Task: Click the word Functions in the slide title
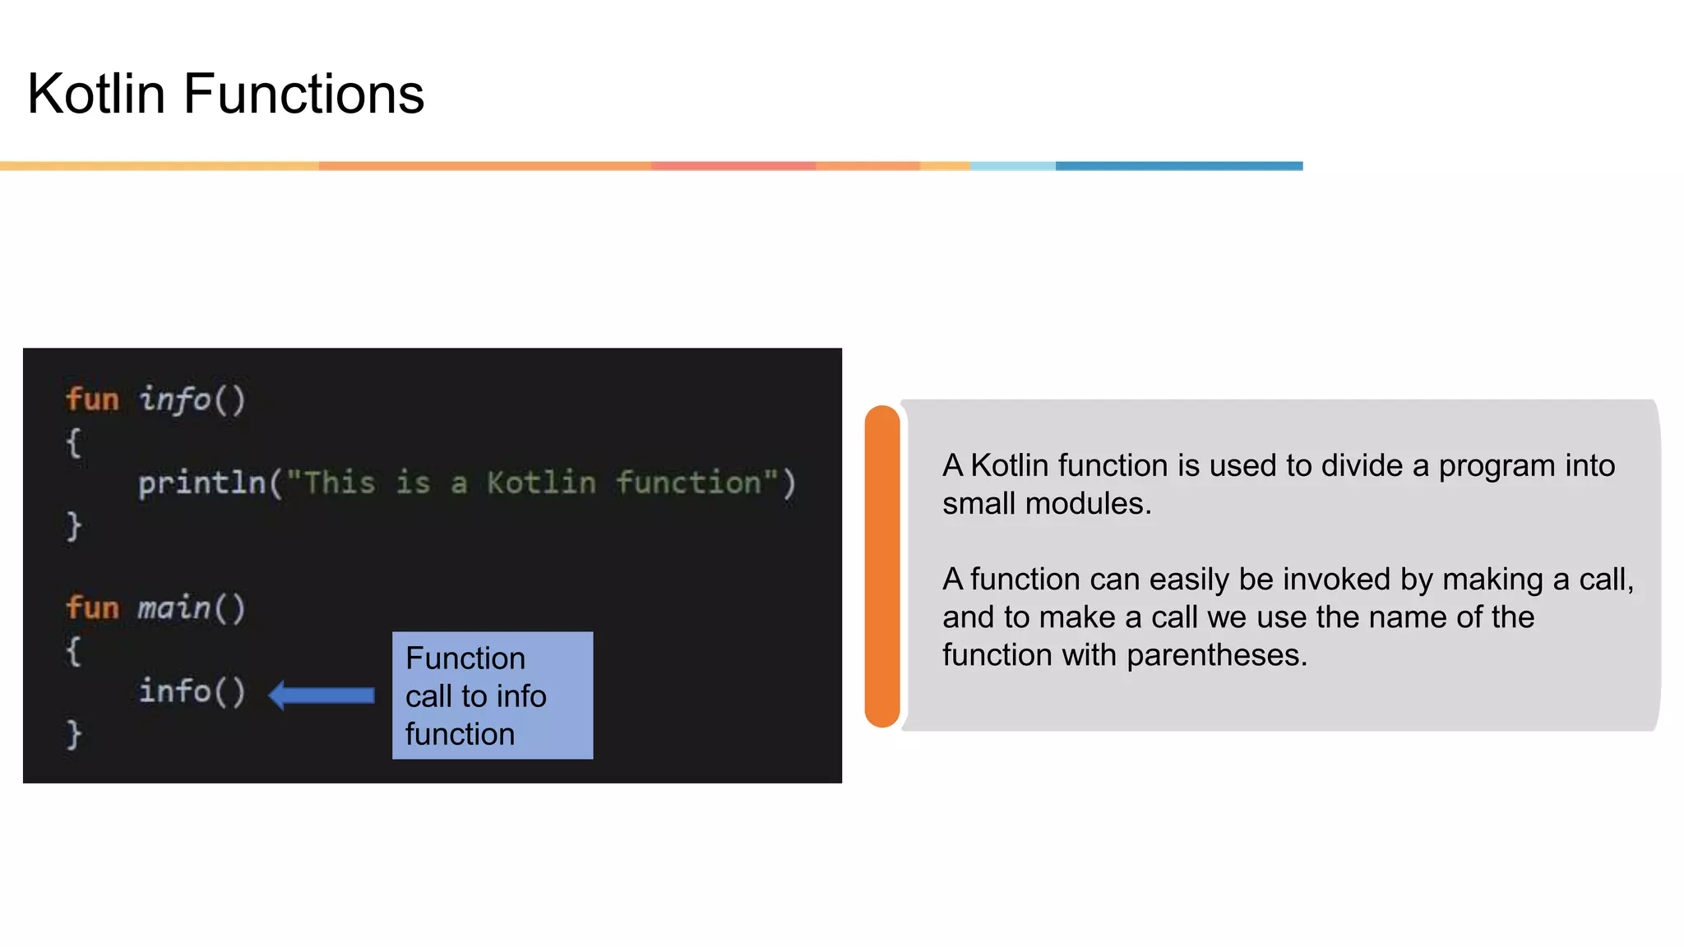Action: (x=303, y=94)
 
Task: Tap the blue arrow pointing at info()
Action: (x=322, y=695)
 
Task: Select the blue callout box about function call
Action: (x=492, y=695)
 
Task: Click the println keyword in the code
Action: (x=201, y=483)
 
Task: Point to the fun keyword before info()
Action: (x=92, y=400)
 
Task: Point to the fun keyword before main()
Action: (x=92, y=608)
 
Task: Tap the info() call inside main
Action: (x=192, y=691)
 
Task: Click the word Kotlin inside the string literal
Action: (x=540, y=483)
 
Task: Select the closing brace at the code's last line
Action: (x=74, y=733)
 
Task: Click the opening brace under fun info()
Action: (x=74, y=443)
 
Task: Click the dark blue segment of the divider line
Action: (x=1178, y=166)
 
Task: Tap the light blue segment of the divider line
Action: (x=1012, y=166)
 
